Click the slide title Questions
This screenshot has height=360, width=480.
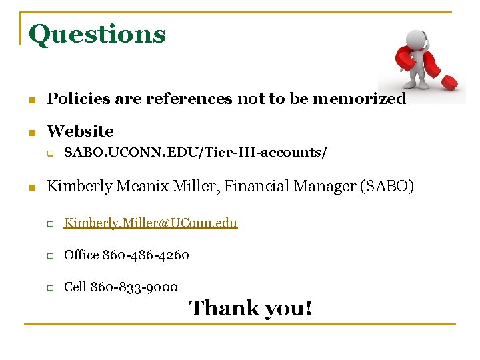click(97, 34)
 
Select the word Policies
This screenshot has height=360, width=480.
click(74, 99)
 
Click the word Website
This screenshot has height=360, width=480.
click(80, 131)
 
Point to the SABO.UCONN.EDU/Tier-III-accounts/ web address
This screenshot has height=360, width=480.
click(195, 153)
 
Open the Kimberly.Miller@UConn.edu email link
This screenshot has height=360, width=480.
click(151, 223)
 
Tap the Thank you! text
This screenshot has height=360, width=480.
click(250, 308)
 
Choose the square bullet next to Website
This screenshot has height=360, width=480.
click(31, 133)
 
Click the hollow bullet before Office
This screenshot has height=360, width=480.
click(50, 256)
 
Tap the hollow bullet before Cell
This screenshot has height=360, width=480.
click(50, 288)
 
